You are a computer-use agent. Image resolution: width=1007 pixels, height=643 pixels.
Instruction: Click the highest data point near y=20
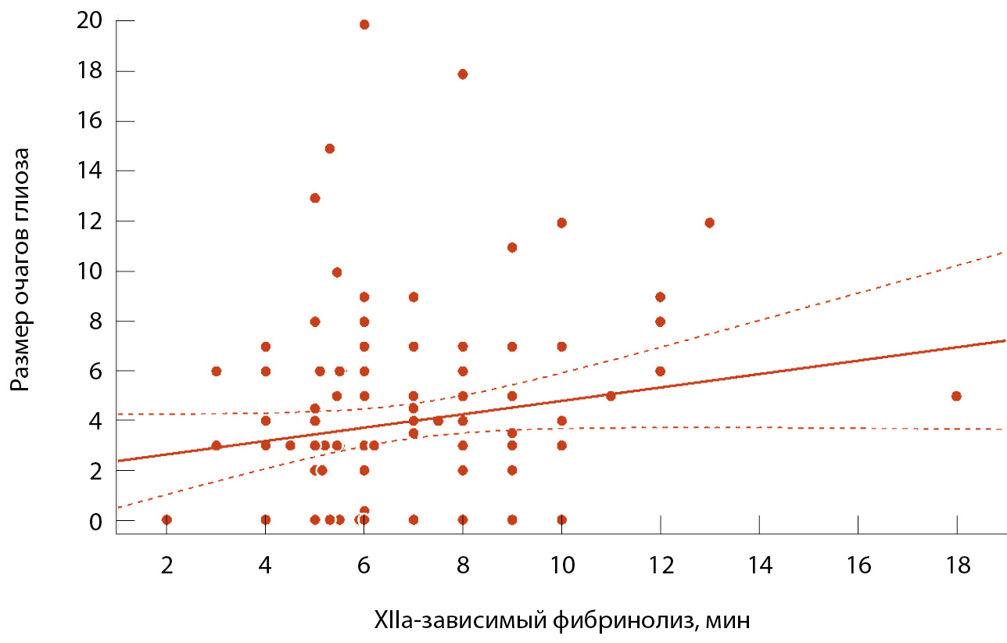(x=364, y=24)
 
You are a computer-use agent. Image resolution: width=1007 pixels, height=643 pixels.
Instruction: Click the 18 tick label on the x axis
(x=957, y=566)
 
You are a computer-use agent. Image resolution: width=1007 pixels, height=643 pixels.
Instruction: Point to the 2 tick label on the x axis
(x=167, y=566)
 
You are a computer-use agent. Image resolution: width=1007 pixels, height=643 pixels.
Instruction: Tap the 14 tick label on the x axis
(x=759, y=566)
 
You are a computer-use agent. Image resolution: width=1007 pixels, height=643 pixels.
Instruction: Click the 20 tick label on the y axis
(x=90, y=20)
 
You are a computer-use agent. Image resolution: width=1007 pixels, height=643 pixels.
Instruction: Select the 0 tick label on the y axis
(x=95, y=520)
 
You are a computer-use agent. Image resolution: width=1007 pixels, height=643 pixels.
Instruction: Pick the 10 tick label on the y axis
(x=90, y=271)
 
